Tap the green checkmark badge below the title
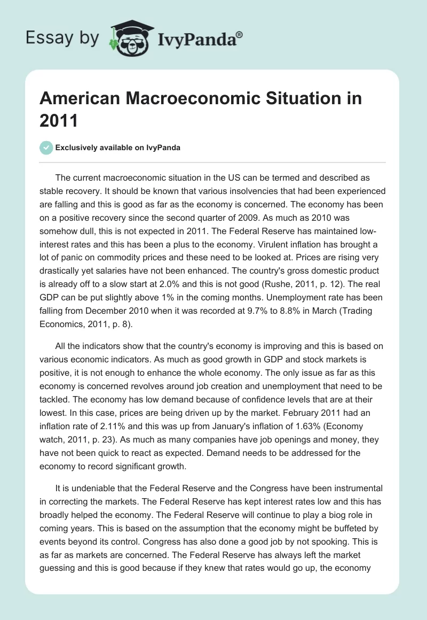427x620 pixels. click(x=46, y=148)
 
